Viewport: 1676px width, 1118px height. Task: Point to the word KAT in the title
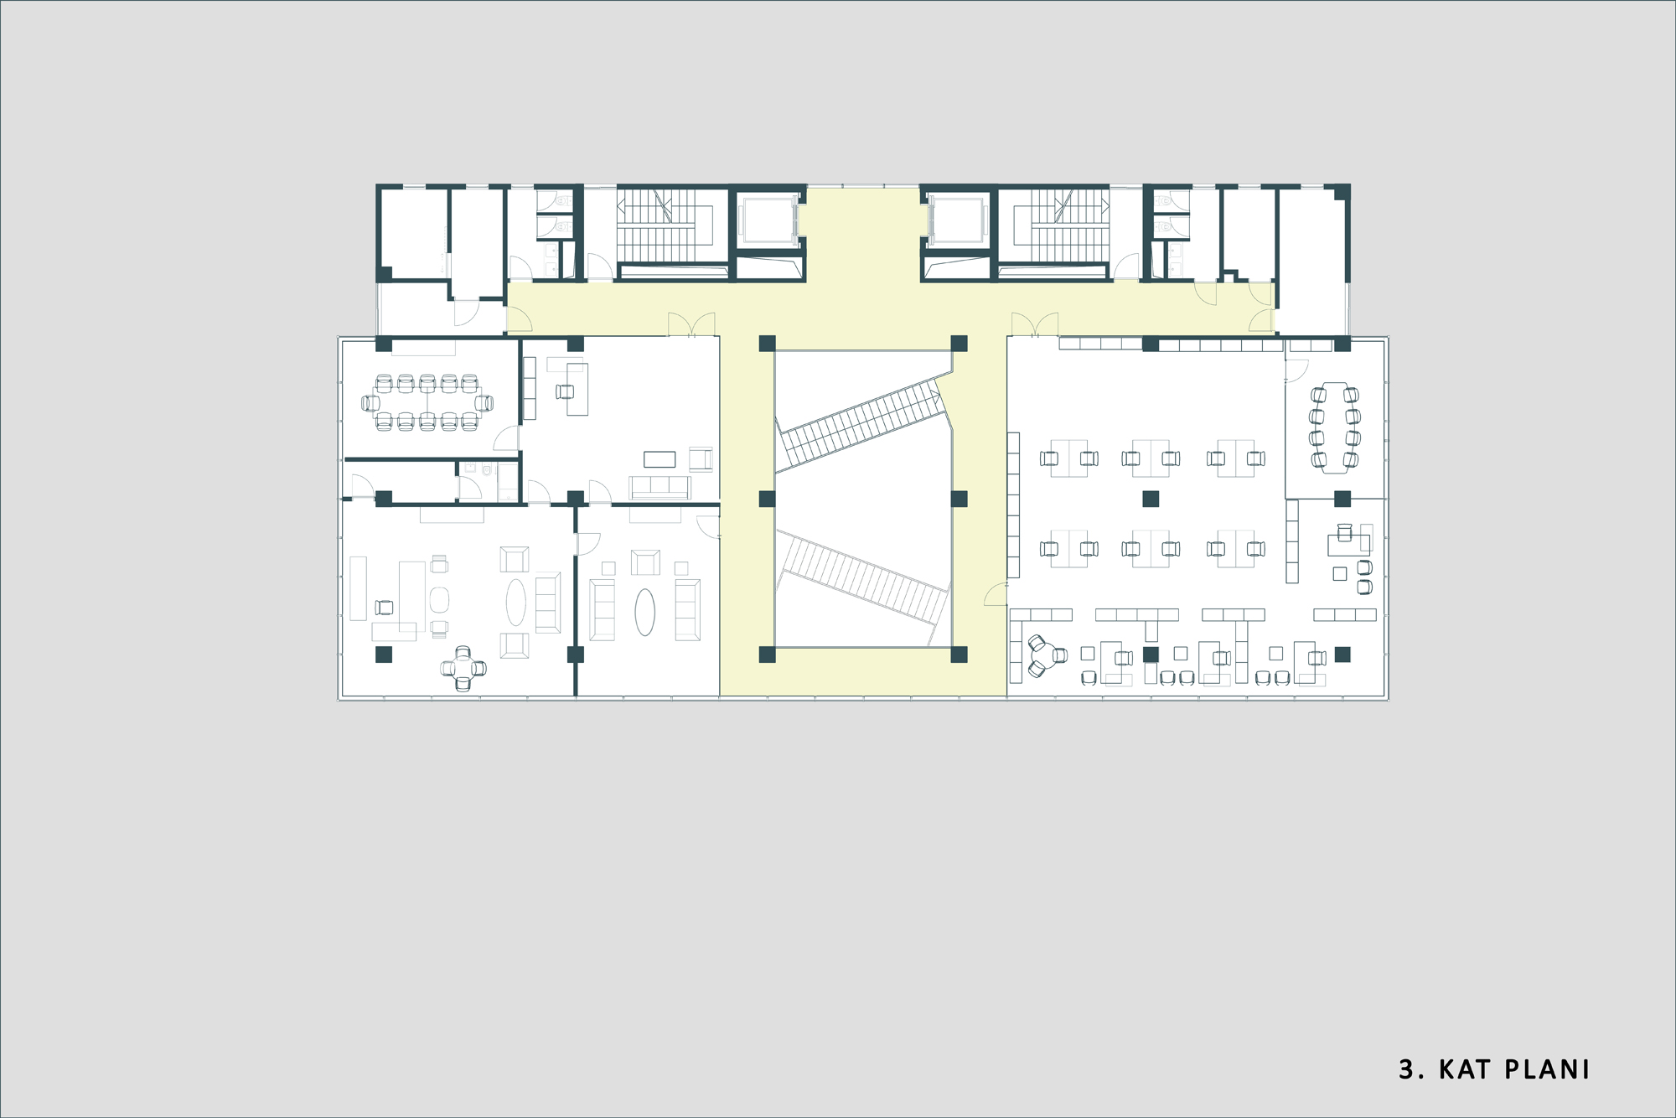pyautogui.click(x=1465, y=1069)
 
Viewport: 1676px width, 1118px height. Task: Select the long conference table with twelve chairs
pyautogui.click(x=427, y=403)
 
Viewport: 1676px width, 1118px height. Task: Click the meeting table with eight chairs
pyautogui.click(x=1334, y=427)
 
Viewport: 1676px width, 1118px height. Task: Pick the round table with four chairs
pyautogui.click(x=463, y=668)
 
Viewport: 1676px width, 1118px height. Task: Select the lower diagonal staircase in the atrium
pyautogui.click(x=863, y=581)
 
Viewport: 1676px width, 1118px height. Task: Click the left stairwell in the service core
pyautogui.click(x=665, y=226)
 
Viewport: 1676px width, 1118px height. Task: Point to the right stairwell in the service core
pyautogui.click(x=1062, y=226)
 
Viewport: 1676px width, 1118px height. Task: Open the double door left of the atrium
pyautogui.click(x=691, y=325)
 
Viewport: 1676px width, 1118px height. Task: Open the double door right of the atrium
pyautogui.click(x=1035, y=325)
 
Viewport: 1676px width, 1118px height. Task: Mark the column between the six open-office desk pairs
pyautogui.click(x=1151, y=499)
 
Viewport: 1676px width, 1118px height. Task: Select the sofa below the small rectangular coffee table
pyautogui.click(x=660, y=488)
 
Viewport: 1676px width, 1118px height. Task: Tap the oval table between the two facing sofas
pyautogui.click(x=644, y=612)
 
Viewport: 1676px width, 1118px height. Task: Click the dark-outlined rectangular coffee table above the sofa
pyautogui.click(x=660, y=459)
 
